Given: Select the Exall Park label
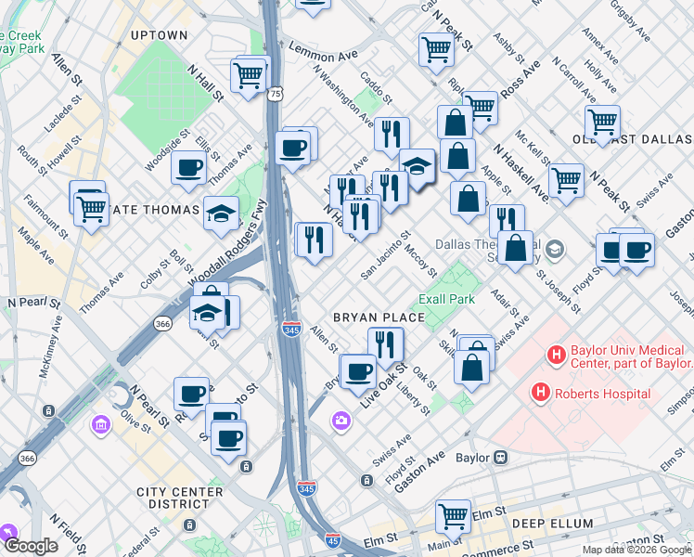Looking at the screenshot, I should click(446, 299).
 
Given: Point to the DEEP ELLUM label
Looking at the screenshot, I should click(552, 524).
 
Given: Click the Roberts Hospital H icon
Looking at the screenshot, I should click(540, 393).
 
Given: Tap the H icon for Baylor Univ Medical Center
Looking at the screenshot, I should click(556, 354).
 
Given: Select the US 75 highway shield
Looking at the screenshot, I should click(276, 94).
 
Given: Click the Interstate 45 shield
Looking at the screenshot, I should click(332, 539).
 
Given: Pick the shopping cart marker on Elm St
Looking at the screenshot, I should click(454, 514).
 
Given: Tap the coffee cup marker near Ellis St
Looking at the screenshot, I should click(189, 167).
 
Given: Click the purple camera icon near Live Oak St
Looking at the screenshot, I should click(341, 422).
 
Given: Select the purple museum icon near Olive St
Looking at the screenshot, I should click(100, 425).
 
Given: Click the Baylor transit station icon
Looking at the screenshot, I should click(501, 457).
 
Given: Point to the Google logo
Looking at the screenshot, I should click(31, 546).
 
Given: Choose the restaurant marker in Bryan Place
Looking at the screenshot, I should click(385, 343).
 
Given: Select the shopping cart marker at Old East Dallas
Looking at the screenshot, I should click(602, 121).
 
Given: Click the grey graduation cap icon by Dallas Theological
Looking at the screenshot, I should click(555, 248).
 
